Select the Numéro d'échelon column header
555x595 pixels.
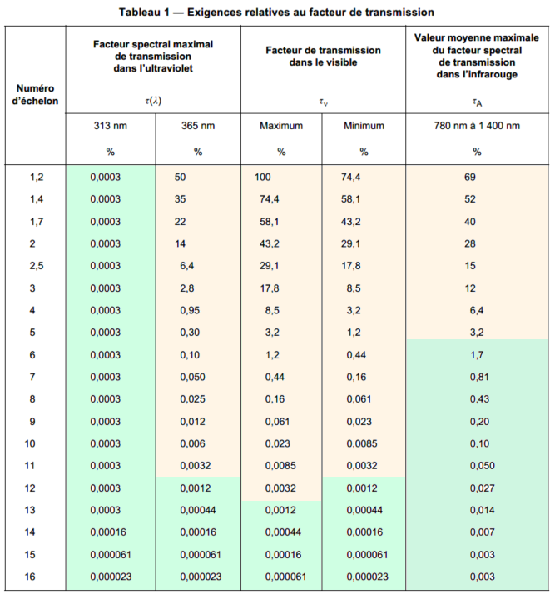[36, 94]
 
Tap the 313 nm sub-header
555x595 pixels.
[110, 126]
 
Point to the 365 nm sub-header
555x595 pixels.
[198, 126]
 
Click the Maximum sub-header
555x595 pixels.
[281, 126]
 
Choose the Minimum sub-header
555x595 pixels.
[364, 126]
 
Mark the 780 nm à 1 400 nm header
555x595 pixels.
[477, 126]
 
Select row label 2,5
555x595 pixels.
[36, 264]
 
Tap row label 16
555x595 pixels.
[36, 576]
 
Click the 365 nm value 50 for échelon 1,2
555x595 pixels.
[181, 177]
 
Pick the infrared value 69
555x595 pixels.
[470, 177]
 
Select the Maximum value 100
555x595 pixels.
[264, 177]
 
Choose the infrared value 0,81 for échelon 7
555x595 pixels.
[477, 377]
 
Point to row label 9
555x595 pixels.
[36, 420]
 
